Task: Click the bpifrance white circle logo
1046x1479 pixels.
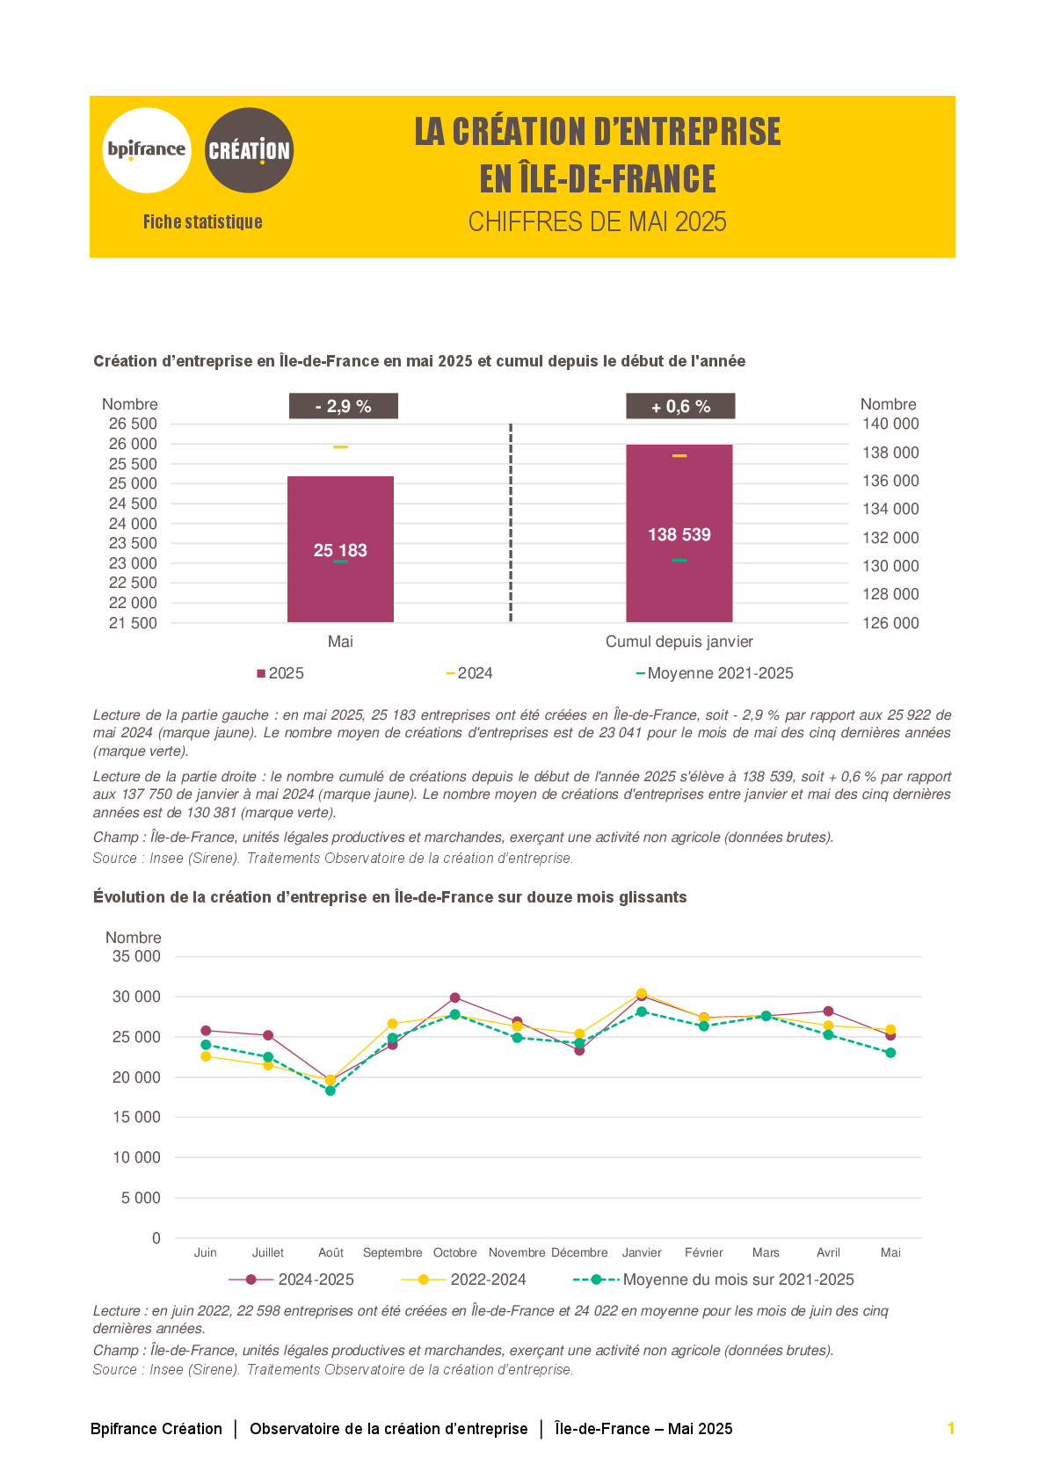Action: click(x=147, y=150)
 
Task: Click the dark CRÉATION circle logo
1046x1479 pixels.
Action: click(x=249, y=150)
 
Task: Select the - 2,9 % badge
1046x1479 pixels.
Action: click(x=344, y=406)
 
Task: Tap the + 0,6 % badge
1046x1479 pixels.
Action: click(x=680, y=406)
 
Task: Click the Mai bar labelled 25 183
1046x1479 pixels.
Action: click(x=340, y=548)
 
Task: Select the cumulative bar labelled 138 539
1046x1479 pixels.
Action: click(x=679, y=533)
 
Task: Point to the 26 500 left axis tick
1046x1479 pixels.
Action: click(x=133, y=424)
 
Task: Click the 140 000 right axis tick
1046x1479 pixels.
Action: click(x=890, y=424)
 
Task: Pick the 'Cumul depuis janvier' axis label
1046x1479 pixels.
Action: click(x=679, y=642)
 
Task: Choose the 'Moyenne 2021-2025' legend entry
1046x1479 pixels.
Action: click(x=715, y=673)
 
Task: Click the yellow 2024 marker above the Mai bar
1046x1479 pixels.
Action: click(x=340, y=447)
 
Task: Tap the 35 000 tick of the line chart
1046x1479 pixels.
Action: click(x=136, y=956)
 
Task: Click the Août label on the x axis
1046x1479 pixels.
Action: click(x=331, y=1252)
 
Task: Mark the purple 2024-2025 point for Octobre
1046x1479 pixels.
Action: click(x=455, y=997)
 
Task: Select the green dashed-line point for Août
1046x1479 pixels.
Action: click(x=331, y=1091)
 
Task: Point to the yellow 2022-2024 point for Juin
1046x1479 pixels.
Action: click(x=206, y=1056)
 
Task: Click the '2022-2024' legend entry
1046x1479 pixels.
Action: click(x=463, y=1280)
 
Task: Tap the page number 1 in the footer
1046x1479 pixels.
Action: click(x=951, y=1429)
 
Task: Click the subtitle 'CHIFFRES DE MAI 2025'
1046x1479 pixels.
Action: click(x=597, y=221)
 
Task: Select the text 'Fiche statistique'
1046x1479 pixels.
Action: click(x=203, y=221)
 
